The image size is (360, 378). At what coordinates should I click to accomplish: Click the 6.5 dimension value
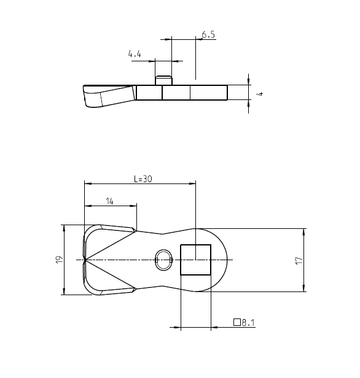click(208, 35)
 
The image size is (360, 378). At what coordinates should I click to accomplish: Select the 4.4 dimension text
click(135, 55)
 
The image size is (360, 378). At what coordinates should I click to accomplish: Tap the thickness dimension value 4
click(260, 93)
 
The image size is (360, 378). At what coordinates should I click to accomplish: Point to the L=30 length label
click(143, 179)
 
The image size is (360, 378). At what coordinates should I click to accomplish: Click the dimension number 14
click(109, 201)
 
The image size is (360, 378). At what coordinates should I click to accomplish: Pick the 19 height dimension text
click(59, 260)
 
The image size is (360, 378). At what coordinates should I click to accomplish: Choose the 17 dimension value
click(299, 260)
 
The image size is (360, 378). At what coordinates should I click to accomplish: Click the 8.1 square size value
click(248, 322)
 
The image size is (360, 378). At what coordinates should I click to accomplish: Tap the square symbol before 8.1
click(237, 322)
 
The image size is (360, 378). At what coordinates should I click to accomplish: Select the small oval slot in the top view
click(164, 260)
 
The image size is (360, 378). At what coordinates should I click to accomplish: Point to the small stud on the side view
click(163, 79)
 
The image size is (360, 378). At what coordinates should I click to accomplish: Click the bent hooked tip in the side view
click(92, 97)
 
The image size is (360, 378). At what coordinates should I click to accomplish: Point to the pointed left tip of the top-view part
click(84, 260)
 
